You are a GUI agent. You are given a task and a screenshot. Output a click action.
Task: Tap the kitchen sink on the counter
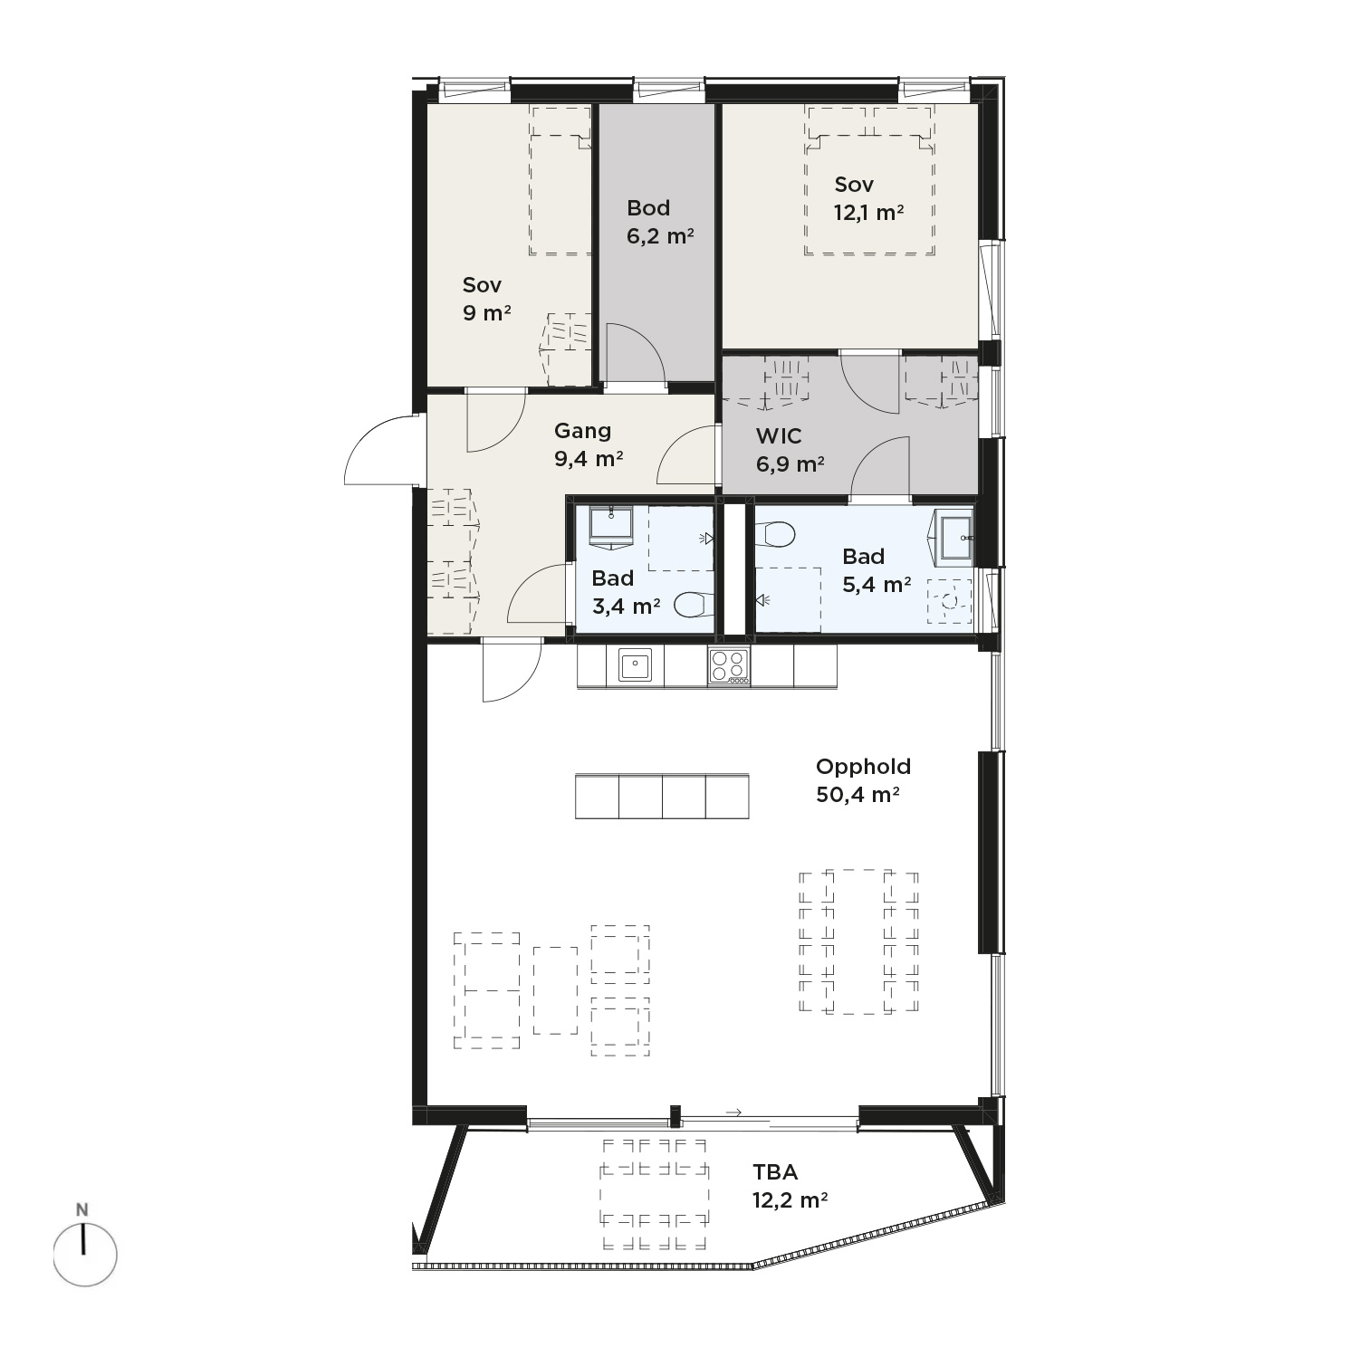tap(635, 665)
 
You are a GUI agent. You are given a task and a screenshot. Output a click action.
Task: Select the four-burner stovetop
tap(729, 666)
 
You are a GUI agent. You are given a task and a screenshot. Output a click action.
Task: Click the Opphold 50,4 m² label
tap(862, 780)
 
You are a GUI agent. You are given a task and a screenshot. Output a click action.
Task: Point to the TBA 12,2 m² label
tap(790, 1186)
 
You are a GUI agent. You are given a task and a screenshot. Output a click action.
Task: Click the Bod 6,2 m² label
tap(660, 222)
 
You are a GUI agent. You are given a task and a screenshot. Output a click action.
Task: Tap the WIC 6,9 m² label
tap(790, 450)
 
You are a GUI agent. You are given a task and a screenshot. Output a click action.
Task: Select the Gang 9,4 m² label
tap(589, 444)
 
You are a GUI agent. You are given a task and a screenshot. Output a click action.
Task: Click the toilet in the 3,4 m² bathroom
tap(695, 604)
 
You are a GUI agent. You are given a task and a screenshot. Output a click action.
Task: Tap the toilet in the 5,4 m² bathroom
tap(774, 534)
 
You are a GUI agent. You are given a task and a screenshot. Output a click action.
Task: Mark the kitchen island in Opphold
tap(662, 796)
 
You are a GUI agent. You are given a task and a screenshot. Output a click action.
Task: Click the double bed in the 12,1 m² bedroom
tap(869, 182)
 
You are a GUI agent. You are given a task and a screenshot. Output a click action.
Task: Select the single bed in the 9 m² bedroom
tap(561, 181)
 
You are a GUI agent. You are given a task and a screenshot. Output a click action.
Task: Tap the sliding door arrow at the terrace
tap(733, 1113)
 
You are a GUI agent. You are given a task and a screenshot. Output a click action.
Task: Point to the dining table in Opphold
tap(858, 941)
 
